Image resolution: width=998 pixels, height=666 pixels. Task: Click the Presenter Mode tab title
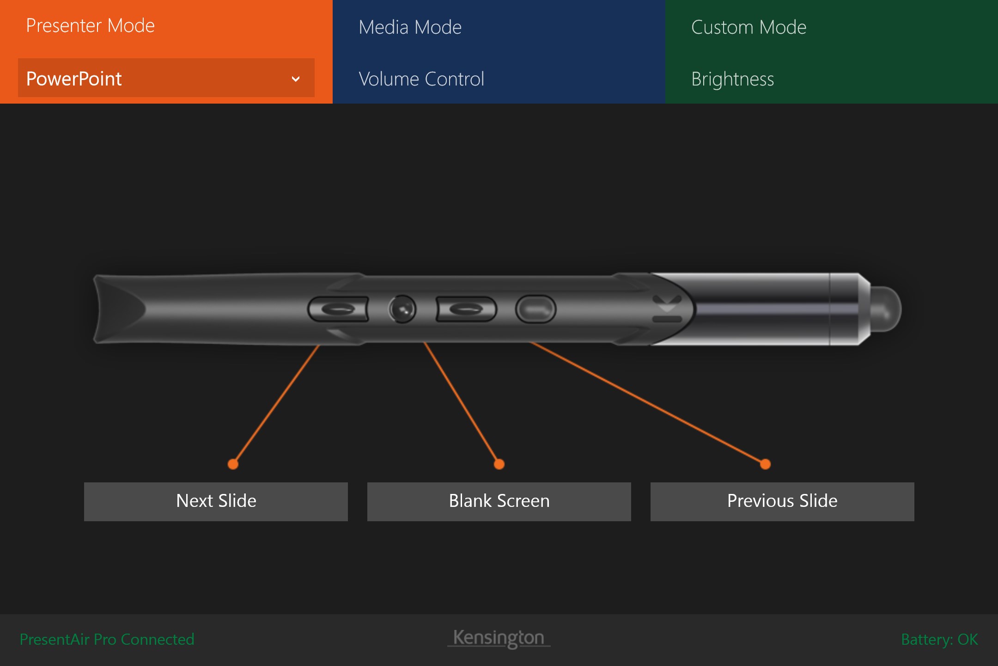click(x=90, y=25)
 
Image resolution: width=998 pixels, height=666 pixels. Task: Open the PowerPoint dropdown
click(x=166, y=78)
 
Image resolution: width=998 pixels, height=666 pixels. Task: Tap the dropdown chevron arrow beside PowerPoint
click(x=296, y=79)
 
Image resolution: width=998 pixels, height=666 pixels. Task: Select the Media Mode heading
click(x=410, y=27)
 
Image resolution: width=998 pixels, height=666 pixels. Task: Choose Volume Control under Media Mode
click(x=421, y=79)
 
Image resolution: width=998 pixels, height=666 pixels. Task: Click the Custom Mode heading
click(x=748, y=27)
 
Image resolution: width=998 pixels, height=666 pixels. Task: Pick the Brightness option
click(x=732, y=79)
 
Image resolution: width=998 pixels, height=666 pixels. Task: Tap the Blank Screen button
click(x=499, y=501)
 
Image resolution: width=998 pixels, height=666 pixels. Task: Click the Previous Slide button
click(x=782, y=501)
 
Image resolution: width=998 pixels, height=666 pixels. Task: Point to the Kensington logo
click(x=499, y=638)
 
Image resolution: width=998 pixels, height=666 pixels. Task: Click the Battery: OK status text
click(x=939, y=639)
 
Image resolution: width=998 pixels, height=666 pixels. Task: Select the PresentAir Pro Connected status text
click(x=107, y=639)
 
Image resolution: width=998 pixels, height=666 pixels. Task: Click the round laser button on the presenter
click(x=402, y=309)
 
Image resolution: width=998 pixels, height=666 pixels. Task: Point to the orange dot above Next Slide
click(x=233, y=464)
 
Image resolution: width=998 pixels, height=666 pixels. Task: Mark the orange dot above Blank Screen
click(x=499, y=464)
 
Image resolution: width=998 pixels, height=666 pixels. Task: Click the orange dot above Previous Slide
click(x=765, y=464)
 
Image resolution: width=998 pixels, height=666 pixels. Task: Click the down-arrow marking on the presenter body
click(x=667, y=303)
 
